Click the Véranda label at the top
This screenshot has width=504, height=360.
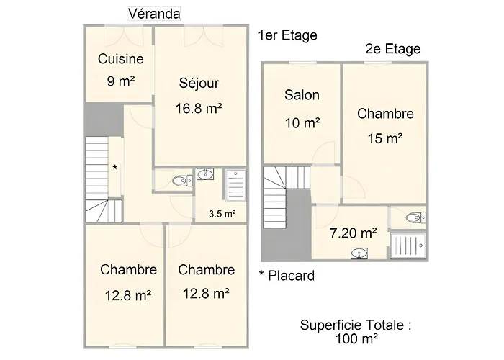(x=154, y=14)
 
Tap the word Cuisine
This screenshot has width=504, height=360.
(x=120, y=59)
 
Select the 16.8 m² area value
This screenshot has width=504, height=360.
(x=199, y=108)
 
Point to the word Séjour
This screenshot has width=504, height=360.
(x=199, y=83)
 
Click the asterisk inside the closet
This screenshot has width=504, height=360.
(x=114, y=168)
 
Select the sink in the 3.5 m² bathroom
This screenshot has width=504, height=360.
(x=205, y=174)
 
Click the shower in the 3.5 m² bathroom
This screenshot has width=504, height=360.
(x=235, y=186)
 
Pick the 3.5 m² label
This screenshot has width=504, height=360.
(x=222, y=214)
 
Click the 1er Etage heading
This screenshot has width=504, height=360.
(x=288, y=35)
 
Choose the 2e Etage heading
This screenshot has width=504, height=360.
(x=393, y=49)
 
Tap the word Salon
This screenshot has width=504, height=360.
(x=302, y=95)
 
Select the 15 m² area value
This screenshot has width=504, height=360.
(x=385, y=138)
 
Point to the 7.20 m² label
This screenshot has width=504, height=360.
(x=354, y=233)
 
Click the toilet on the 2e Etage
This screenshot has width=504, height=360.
(x=416, y=218)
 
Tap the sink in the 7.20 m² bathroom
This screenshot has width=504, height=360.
(x=359, y=253)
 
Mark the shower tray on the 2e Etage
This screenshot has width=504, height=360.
(x=408, y=246)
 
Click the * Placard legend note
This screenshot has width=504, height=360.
(x=287, y=276)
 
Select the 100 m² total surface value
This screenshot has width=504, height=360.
(x=356, y=338)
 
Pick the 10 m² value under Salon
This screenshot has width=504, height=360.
(x=302, y=123)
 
